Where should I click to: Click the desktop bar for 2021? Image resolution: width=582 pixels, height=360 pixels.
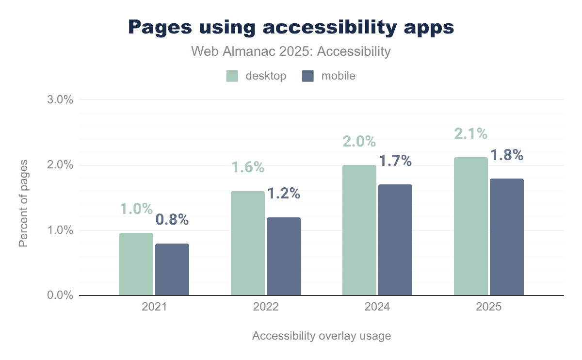136,264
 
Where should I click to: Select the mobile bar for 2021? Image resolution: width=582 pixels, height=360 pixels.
172,269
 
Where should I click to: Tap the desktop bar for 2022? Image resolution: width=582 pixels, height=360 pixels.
248,243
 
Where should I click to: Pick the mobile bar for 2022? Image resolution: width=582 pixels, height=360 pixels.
284,256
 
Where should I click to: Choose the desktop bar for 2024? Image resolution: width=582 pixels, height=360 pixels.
359,230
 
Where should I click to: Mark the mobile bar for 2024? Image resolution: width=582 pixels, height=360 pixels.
395,240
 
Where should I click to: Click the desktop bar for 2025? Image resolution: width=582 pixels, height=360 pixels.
471,226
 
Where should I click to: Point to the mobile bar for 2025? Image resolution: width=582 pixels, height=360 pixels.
507,237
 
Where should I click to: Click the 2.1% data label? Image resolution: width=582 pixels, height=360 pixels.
470,133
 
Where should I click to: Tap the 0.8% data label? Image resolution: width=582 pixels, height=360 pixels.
172,219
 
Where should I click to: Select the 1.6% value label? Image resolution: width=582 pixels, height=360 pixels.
247,167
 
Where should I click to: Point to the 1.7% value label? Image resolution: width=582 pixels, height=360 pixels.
395,161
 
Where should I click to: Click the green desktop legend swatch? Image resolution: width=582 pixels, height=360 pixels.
232,76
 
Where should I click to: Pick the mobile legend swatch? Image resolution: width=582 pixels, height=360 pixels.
308,76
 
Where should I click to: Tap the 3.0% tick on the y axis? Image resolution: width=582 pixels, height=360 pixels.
61,100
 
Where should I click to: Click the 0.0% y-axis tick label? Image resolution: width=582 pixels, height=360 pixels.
61,295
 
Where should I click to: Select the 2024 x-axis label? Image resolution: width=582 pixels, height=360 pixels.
377,307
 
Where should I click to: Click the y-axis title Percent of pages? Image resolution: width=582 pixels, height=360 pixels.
23,202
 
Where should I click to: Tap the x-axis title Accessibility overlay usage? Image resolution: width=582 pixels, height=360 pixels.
321,336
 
